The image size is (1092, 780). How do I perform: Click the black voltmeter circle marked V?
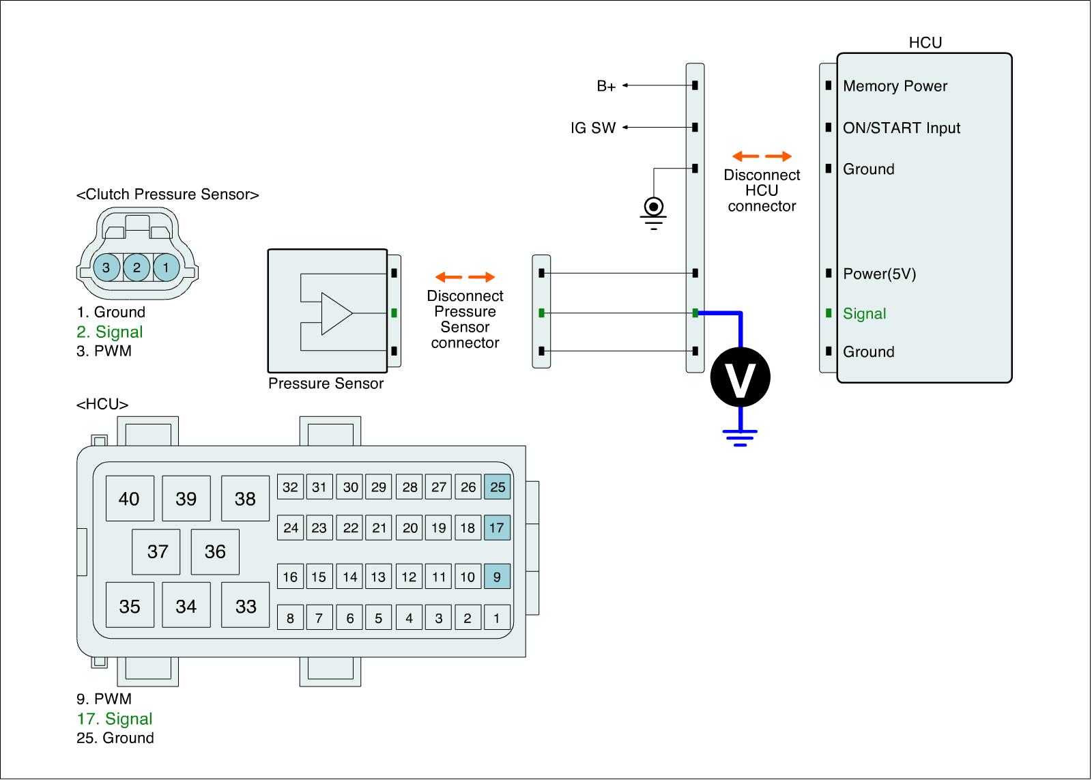click(x=740, y=377)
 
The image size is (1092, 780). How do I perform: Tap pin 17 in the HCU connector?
click(x=497, y=528)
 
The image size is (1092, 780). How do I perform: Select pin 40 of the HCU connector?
click(x=129, y=499)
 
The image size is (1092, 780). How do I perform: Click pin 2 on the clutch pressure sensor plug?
click(x=136, y=267)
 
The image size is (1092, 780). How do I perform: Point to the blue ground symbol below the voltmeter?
click(x=740, y=437)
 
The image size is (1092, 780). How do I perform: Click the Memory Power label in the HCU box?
click(x=895, y=86)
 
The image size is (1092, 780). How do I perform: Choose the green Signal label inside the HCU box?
click(x=864, y=314)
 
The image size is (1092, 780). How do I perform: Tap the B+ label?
click(x=606, y=86)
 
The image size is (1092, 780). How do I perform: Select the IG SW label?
click(x=593, y=128)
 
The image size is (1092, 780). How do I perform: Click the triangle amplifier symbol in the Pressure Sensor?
click(x=336, y=314)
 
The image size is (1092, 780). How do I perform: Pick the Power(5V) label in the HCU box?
click(x=879, y=274)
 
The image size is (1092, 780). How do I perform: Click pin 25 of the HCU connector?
click(x=498, y=487)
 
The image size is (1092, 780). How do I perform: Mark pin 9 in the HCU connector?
click(x=497, y=577)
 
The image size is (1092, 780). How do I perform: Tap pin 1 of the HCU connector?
click(x=497, y=618)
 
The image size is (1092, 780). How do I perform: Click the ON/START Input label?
click(x=901, y=128)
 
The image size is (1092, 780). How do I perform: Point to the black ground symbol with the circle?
click(x=654, y=209)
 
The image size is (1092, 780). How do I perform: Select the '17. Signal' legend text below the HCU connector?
click(x=115, y=719)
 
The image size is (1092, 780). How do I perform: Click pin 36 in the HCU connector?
click(x=215, y=551)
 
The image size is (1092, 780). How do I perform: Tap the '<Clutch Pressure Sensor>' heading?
click(x=168, y=194)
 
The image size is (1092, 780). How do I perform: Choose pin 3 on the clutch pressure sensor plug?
click(x=106, y=267)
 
